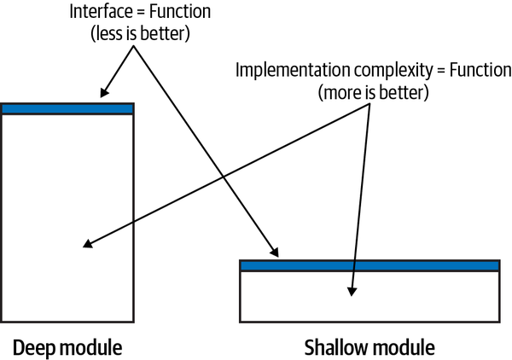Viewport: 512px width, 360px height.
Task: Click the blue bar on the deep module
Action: [x=67, y=108]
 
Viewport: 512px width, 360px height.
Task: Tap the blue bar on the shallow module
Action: [x=369, y=265]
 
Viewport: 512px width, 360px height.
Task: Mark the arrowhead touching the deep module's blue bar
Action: [x=104, y=95]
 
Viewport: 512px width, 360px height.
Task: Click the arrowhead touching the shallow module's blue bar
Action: [x=275, y=253]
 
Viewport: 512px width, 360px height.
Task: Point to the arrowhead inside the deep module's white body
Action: [x=88, y=246]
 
